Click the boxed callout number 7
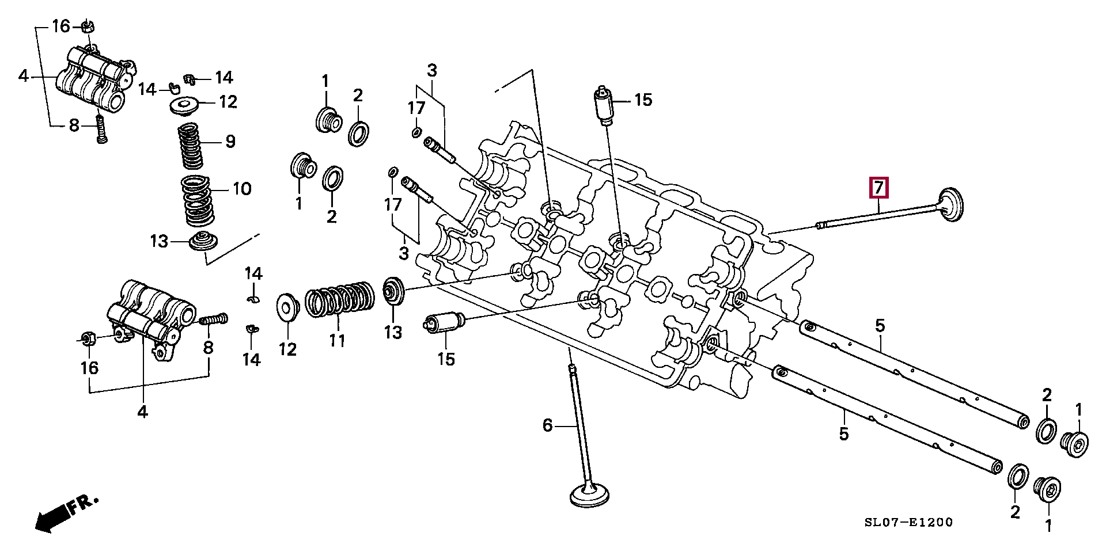click(878, 188)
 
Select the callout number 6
click(547, 425)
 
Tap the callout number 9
click(230, 141)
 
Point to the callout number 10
click(242, 188)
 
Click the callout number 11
click(337, 340)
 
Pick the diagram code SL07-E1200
click(908, 522)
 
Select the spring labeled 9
click(190, 146)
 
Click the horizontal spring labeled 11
click(339, 299)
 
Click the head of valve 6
click(589, 495)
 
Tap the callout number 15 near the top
click(643, 100)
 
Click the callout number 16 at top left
click(61, 26)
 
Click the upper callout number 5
click(880, 326)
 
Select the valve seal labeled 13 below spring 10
click(203, 241)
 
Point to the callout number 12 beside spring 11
click(287, 349)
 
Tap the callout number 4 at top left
click(23, 75)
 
